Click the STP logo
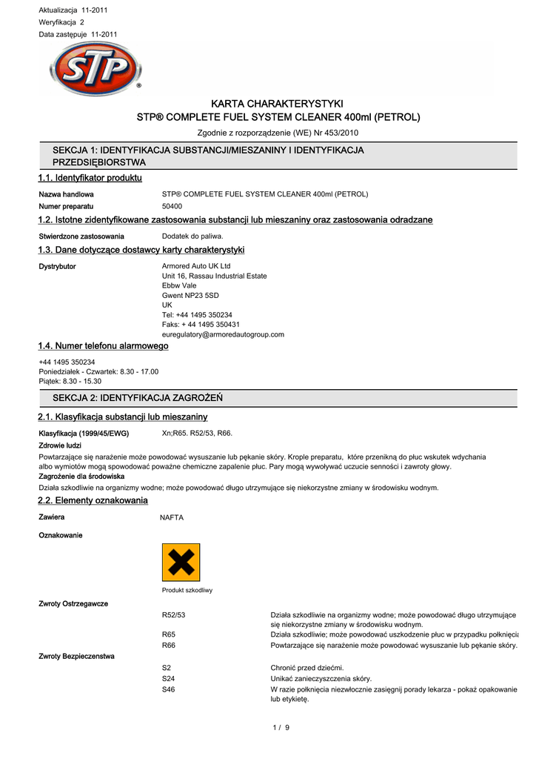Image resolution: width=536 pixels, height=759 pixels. pos(96,69)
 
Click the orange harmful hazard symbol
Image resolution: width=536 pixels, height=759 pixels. pos(181,563)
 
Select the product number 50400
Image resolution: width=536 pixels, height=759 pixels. pos(172,206)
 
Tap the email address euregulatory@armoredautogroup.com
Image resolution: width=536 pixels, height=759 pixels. pos(223,334)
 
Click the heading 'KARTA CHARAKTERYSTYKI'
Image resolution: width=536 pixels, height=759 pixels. pos(278,104)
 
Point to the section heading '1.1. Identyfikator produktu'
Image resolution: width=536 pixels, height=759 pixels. pos(90,178)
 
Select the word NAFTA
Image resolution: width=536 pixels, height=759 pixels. pos(172,517)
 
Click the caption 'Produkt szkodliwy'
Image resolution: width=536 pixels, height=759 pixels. pos(187,590)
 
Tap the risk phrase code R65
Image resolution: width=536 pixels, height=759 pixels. pos(169,634)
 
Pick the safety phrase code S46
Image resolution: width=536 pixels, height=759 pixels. pos(169,689)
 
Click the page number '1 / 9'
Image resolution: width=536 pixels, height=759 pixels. pos(281,727)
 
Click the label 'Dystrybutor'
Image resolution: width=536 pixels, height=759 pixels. pos(57,266)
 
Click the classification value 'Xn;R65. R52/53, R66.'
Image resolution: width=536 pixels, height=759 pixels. pos(197,433)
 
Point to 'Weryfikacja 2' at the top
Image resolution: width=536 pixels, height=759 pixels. pos(61,22)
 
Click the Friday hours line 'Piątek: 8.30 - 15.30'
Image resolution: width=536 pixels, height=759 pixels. pos(70,381)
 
